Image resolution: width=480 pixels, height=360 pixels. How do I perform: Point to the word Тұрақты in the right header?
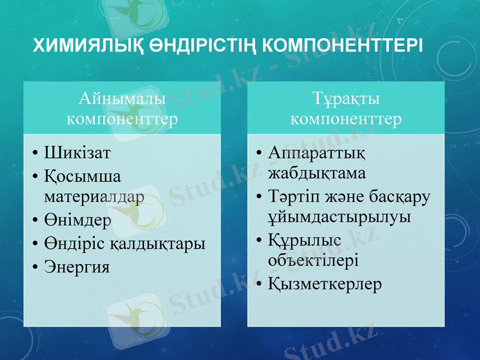click(346, 97)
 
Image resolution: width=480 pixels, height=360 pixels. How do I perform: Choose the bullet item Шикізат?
click(77, 153)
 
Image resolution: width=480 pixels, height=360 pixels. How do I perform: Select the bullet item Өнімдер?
click(77, 220)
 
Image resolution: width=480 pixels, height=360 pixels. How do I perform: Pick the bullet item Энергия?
click(77, 266)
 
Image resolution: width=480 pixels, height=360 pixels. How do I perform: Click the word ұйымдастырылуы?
click(339, 217)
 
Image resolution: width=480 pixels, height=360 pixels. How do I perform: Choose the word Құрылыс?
click(304, 240)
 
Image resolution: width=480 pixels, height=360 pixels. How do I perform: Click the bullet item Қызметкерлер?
click(325, 283)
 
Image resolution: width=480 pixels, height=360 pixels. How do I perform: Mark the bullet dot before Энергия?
click(36, 267)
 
